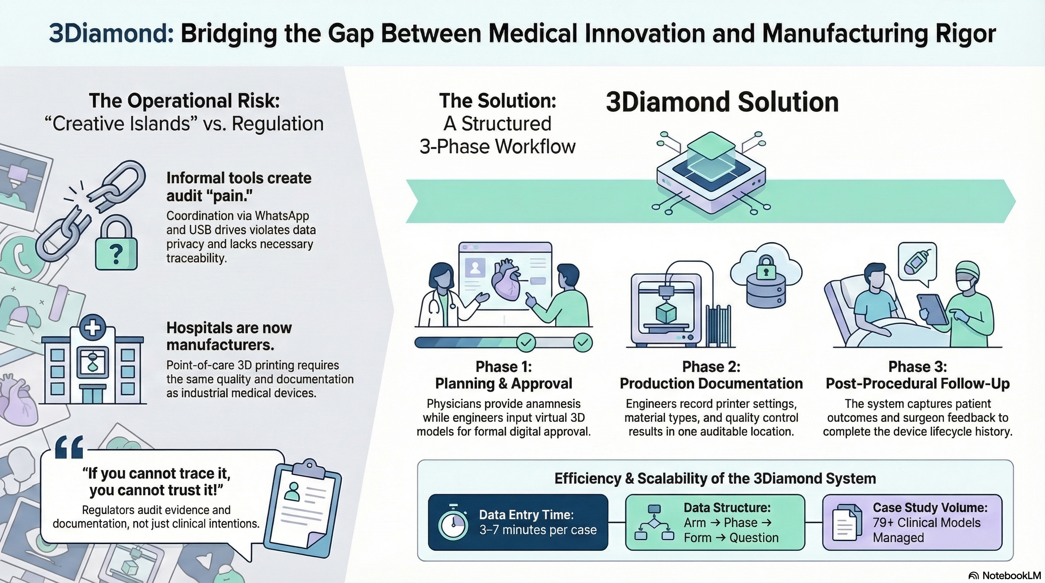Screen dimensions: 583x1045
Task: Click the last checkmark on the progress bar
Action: click(x=582, y=343)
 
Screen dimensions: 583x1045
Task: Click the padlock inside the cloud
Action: click(x=766, y=266)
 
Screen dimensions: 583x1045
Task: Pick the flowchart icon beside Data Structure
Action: click(x=654, y=523)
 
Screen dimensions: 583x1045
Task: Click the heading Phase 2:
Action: click(x=711, y=367)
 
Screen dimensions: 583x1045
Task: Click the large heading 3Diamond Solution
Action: click(x=722, y=102)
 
